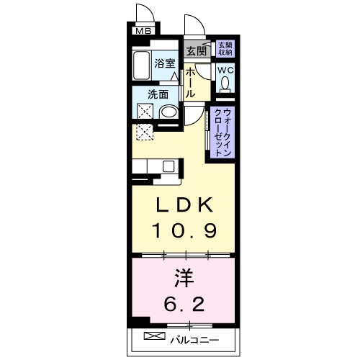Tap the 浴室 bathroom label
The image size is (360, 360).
165,63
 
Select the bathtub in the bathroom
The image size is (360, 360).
141,67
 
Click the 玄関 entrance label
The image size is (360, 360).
194,51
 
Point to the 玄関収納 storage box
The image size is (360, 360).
225,49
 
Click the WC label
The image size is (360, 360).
225,70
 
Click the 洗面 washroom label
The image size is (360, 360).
158,94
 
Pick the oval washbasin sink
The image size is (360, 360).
168,112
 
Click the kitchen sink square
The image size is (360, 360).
168,166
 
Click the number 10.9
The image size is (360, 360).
184,231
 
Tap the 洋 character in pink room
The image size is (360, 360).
184,276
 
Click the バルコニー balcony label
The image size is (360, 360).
194,338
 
